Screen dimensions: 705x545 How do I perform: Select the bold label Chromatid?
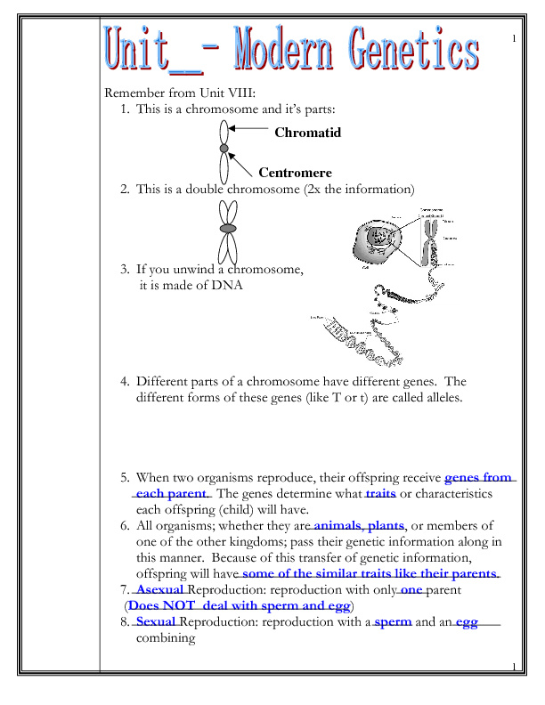coord(307,133)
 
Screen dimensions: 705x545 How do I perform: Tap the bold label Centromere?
coord(295,173)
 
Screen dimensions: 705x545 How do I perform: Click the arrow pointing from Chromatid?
coord(248,129)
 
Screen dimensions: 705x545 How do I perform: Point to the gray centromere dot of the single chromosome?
coord(224,149)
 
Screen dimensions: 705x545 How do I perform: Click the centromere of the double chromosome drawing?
coord(229,228)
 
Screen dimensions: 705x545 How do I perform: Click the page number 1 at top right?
coord(514,39)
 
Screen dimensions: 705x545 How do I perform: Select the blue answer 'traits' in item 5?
coord(380,492)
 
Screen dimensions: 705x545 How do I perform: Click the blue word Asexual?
coord(160,590)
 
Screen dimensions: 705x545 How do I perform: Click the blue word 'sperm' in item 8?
coord(393,622)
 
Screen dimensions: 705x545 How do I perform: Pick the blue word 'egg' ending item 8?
coord(467,622)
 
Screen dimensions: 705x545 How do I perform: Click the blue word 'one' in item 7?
coord(411,590)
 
